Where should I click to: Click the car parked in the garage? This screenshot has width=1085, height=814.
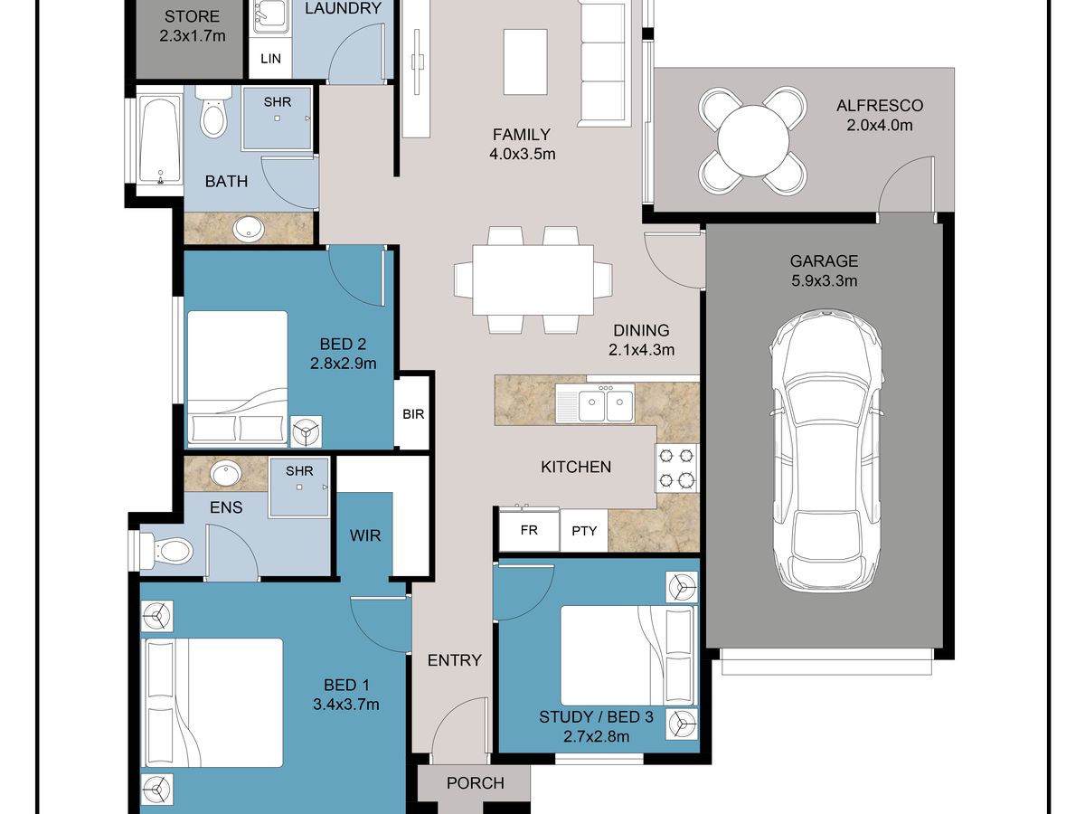(x=826, y=450)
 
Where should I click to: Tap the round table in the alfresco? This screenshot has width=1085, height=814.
(x=753, y=140)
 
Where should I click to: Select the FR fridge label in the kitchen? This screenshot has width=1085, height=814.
(x=529, y=530)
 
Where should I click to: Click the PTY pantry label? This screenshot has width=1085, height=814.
(x=584, y=531)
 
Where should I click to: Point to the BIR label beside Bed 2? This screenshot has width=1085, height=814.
(x=413, y=414)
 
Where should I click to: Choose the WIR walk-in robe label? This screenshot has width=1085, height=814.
(x=365, y=535)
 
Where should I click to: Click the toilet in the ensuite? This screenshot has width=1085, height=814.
(x=165, y=550)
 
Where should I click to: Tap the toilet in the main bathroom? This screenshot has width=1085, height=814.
(x=213, y=111)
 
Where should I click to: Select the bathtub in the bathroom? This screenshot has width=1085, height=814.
(x=160, y=140)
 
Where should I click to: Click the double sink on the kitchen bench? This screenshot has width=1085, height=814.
(x=595, y=403)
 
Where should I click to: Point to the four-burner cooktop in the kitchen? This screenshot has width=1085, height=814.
(x=676, y=468)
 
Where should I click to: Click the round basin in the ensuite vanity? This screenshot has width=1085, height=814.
(x=226, y=473)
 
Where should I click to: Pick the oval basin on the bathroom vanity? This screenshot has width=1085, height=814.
(x=250, y=228)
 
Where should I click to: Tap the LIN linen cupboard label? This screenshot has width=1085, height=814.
(x=271, y=59)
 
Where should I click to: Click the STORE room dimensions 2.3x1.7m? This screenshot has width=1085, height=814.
(x=193, y=36)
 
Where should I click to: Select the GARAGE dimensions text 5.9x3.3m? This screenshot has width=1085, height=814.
(x=824, y=280)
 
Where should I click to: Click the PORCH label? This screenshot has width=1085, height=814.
(x=476, y=783)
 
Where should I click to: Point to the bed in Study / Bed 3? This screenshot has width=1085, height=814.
(x=627, y=656)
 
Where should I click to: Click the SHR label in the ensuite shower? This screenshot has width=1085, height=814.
(x=299, y=471)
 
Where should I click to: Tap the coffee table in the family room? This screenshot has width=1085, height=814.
(x=525, y=62)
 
